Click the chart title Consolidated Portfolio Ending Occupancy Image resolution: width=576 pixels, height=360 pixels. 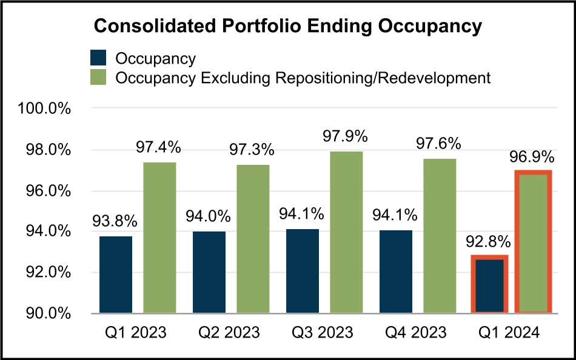[x=287, y=26]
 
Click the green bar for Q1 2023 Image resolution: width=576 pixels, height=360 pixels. [x=159, y=238]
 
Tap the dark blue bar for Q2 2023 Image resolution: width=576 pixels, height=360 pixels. [x=209, y=272]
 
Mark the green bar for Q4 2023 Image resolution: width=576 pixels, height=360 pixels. [x=440, y=236]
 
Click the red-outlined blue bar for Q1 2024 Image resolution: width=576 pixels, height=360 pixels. [x=489, y=285]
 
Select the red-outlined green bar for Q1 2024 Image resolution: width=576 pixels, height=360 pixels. [x=534, y=242]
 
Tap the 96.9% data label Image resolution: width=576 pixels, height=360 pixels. [x=533, y=158]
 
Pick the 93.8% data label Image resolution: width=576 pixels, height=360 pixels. [x=115, y=221]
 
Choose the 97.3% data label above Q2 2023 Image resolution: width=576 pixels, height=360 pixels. [x=252, y=150]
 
